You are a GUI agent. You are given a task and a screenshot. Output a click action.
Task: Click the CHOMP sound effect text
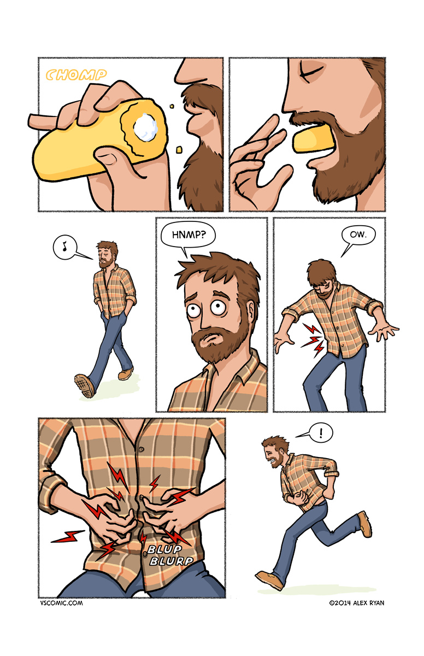pyautogui.click(x=76, y=75)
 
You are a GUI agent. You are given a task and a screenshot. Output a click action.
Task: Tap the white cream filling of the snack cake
pyautogui.click(x=145, y=127)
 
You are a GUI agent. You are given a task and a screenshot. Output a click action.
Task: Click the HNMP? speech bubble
pyautogui.click(x=188, y=236)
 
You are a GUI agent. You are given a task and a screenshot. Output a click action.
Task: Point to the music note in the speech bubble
pyautogui.click(x=64, y=246)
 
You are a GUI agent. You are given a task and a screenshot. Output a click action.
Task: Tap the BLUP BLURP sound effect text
pyautogui.click(x=170, y=554)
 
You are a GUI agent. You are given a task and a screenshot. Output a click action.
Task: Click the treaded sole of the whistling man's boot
pyautogui.click(x=84, y=386)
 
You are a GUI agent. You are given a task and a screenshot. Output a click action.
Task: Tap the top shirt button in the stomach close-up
pyautogui.click(x=142, y=449)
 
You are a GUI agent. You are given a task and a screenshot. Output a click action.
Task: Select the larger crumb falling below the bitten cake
pyautogui.click(x=179, y=150)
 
